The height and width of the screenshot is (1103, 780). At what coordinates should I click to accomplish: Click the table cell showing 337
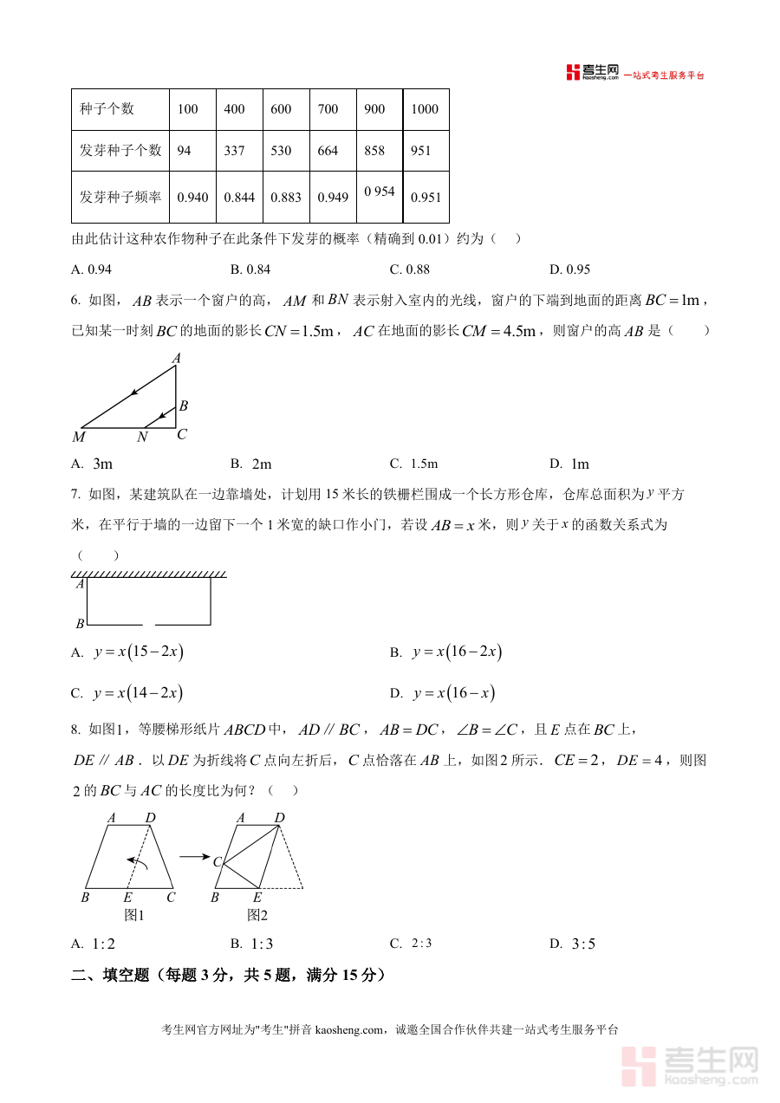click(x=234, y=151)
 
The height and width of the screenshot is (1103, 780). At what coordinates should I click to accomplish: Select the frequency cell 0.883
click(x=286, y=198)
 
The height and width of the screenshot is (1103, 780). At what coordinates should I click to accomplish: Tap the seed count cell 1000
click(x=425, y=109)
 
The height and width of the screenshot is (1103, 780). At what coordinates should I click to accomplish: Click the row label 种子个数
click(x=107, y=109)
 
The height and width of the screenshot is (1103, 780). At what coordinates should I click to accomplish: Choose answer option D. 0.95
click(x=569, y=269)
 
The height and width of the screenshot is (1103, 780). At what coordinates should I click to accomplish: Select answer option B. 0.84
click(x=250, y=269)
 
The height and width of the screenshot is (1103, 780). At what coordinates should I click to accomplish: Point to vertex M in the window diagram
click(x=79, y=437)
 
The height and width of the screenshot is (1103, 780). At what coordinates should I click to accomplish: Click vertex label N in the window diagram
click(x=142, y=438)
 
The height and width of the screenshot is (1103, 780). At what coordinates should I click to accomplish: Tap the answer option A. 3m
click(x=94, y=464)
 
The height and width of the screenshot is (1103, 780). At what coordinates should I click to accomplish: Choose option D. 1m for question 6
click(x=569, y=464)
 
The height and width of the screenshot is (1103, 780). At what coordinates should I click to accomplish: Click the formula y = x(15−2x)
click(x=139, y=652)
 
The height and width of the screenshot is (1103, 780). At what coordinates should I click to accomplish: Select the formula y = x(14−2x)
click(x=139, y=693)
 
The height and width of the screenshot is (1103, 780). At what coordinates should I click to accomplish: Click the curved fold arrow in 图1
click(x=136, y=861)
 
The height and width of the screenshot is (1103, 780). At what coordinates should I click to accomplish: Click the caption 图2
click(x=257, y=915)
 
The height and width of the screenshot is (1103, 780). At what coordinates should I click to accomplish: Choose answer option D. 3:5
click(x=573, y=944)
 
